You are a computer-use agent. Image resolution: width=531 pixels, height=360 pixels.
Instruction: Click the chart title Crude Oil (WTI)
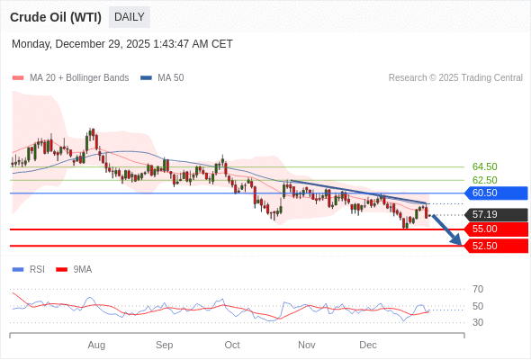[x=56, y=17]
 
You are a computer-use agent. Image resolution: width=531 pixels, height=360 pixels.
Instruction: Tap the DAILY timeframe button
[x=130, y=17]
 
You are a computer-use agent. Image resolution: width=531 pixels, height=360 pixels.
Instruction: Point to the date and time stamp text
[x=122, y=43]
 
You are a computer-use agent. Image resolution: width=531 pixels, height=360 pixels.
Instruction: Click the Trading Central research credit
[x=455, y=77]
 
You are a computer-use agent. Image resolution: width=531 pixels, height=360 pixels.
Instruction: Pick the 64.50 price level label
[x=484, y=166]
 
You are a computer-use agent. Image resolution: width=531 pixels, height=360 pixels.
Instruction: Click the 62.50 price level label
[x=484, y=180]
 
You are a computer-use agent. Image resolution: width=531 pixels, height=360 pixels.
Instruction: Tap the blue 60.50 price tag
[x=495, y=193]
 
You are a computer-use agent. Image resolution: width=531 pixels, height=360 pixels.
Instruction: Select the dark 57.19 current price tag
[x=495, y=214]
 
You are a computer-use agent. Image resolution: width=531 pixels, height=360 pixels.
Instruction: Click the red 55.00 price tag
[x=495, y=229]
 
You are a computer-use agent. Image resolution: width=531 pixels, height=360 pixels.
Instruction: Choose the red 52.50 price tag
[x=495, y=246]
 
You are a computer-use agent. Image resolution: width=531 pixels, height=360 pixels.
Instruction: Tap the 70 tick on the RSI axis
[x=478, y=289]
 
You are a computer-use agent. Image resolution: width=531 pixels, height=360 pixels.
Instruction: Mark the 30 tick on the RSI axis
[x=478, y=322]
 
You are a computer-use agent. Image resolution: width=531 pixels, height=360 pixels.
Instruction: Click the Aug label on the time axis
[x=96, y=345]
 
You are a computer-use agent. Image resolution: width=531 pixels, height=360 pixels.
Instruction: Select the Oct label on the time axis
[x=232, y=345]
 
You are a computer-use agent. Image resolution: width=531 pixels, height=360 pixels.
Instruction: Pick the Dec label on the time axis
[x=367, y=345]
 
